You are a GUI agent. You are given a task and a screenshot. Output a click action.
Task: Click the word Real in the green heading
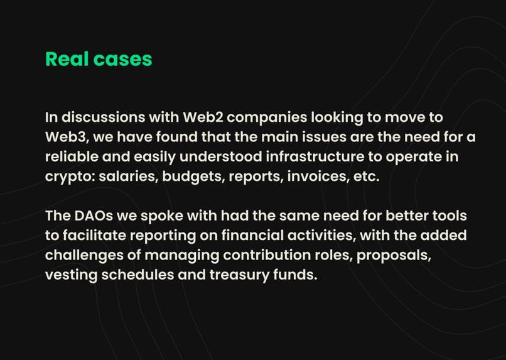(67, 59)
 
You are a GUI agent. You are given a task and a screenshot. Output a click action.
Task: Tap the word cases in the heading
(122, 59)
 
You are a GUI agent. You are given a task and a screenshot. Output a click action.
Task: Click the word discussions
(105, 117)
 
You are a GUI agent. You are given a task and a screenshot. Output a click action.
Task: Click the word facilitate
(102, 236)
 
